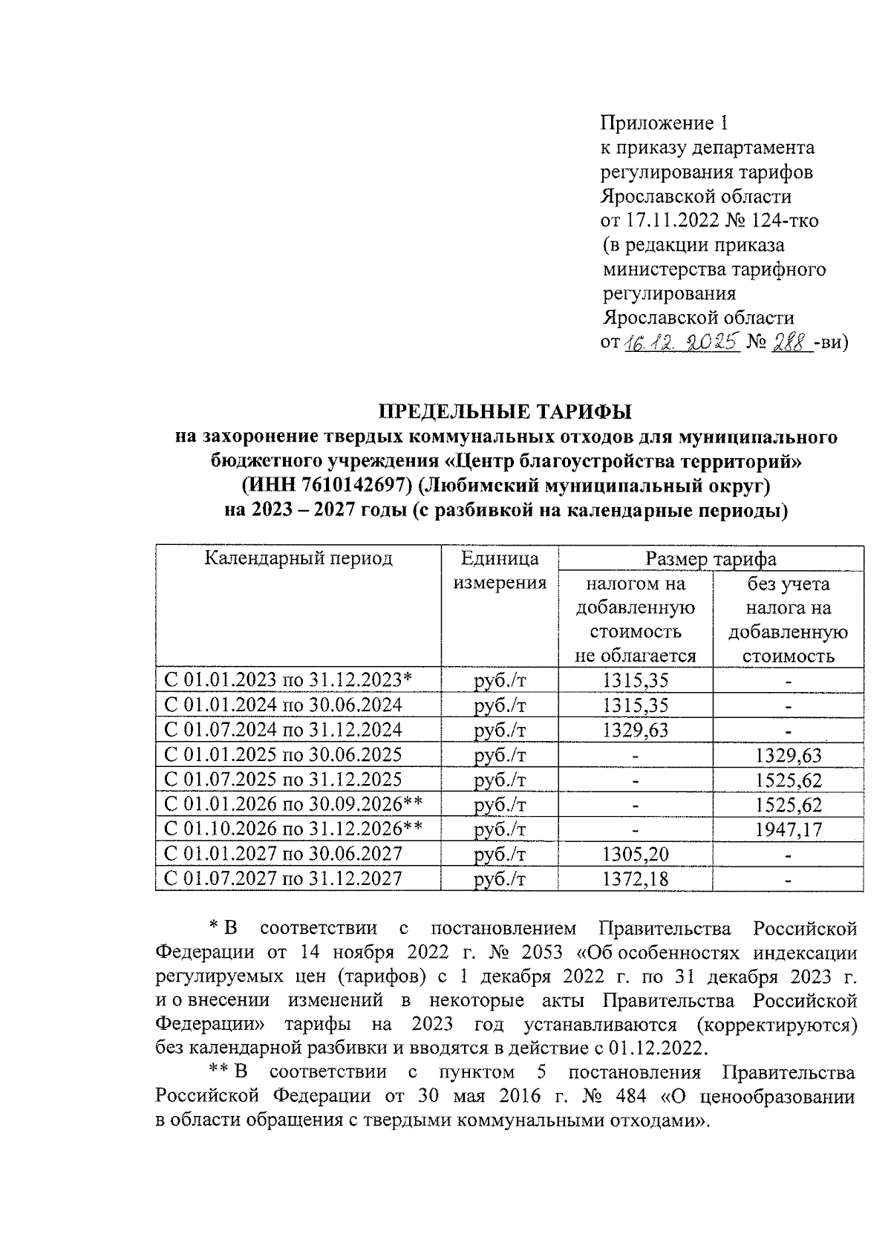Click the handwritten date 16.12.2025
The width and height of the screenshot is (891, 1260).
click(x=681, y=343)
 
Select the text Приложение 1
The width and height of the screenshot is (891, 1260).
click(x=667, y=123)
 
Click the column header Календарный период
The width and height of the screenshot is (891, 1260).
click(x=298, y=558)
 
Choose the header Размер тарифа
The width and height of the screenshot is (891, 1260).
click(x=711, y=559)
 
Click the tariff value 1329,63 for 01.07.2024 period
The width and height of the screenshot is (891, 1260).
click(x=635, y=730)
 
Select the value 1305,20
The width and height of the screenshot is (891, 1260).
click(x=635, y=855)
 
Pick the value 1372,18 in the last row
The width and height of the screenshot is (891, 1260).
click(x=635, y=879)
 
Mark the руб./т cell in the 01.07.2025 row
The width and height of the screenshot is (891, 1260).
click(x=499, y=780)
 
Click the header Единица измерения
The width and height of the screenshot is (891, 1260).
click(x=500, y=570)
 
